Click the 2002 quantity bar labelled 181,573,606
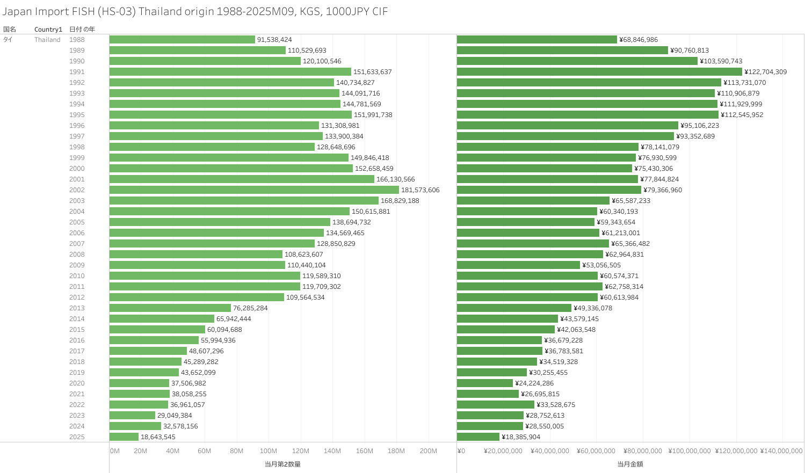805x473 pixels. coord(254,190)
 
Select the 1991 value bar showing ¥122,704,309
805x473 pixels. coord(599,72)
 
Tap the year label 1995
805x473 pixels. coord(77,115)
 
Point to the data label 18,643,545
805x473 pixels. coord(158,437)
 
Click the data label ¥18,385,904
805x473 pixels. coord(521,437)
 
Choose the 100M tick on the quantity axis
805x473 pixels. coord(269,451)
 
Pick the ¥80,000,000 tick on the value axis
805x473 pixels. coord(643,451)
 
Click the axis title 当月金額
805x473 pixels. coord(630,464)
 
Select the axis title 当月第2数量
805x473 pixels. coord(282,464)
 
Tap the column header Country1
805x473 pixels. coord(48,30)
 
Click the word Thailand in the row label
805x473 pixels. coord(47,40)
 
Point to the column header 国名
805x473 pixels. coord(10,30)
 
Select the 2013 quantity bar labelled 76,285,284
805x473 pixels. coord(170,308)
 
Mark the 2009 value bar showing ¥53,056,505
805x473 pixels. coord(518,265)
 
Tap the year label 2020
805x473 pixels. coord(77,383)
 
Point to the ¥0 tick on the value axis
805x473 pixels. coord(461,451)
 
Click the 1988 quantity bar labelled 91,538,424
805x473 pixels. coord(182,40)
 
